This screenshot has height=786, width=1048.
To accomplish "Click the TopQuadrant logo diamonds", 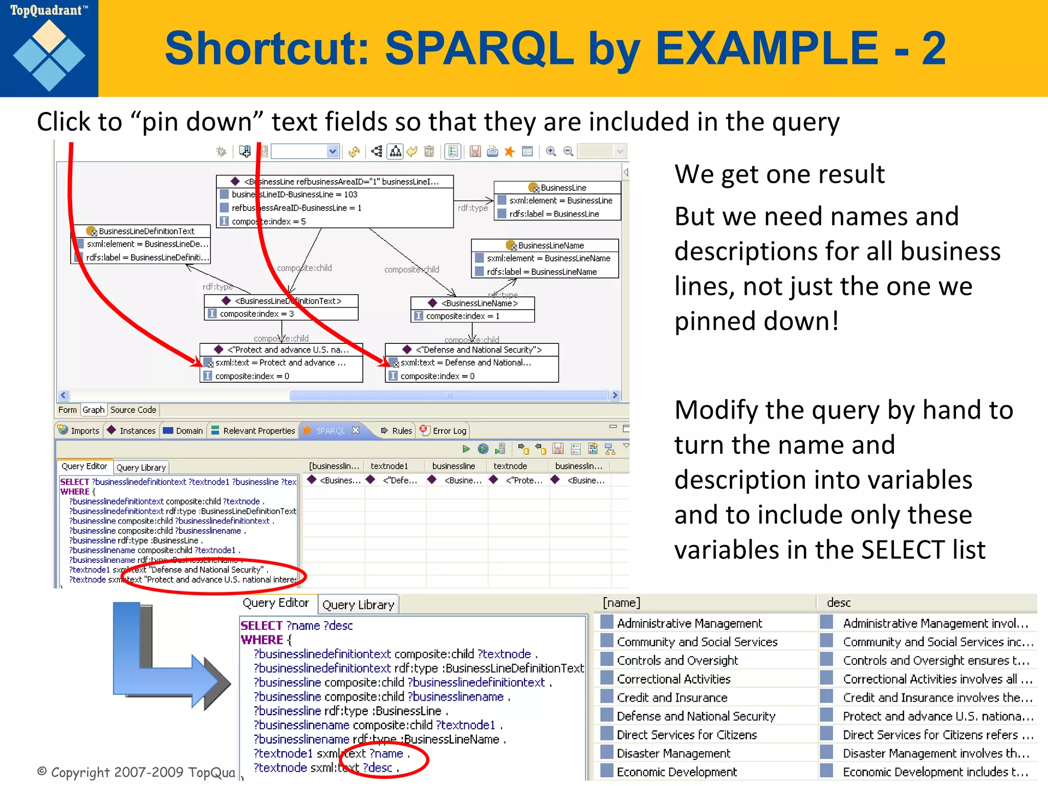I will click(49, 55).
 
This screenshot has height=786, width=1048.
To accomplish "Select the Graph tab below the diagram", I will click(93, 410).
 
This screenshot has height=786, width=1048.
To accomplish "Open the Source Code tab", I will click(133, 410).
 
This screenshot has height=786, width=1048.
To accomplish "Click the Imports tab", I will click(79, 431).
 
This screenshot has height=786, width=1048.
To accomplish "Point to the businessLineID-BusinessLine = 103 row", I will click(294, 194).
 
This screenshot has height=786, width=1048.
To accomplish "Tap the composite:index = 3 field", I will click(256, 314).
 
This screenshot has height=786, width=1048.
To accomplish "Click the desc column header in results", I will click(839, 603).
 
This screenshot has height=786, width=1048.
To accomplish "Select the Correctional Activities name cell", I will click(673, 679).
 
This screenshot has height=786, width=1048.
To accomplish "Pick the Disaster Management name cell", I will click(673, 753).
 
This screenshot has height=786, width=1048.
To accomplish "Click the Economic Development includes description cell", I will click(934, 772).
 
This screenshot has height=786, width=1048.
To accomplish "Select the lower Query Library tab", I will click(358, 605).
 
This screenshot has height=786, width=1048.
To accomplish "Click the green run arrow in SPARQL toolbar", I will click(466, 449).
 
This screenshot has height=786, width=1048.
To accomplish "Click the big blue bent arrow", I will click(169, 660).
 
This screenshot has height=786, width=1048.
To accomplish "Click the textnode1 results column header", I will click(389, 466).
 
